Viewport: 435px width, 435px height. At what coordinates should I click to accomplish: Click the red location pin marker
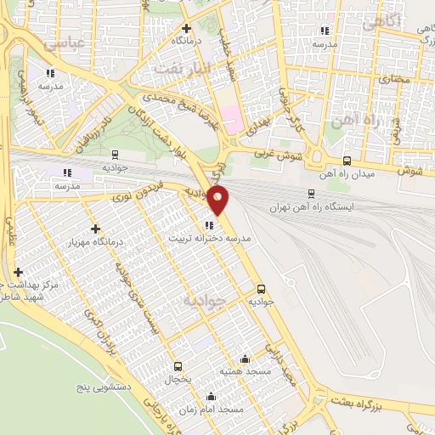coord(218,201)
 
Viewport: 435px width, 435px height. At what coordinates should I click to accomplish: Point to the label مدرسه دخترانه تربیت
coord(210,240)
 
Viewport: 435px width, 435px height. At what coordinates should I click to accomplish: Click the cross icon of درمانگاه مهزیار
coord(95,229)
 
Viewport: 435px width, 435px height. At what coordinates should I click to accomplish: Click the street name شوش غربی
coord(272,155)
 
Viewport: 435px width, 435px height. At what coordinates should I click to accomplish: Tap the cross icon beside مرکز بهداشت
coord(19,272)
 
